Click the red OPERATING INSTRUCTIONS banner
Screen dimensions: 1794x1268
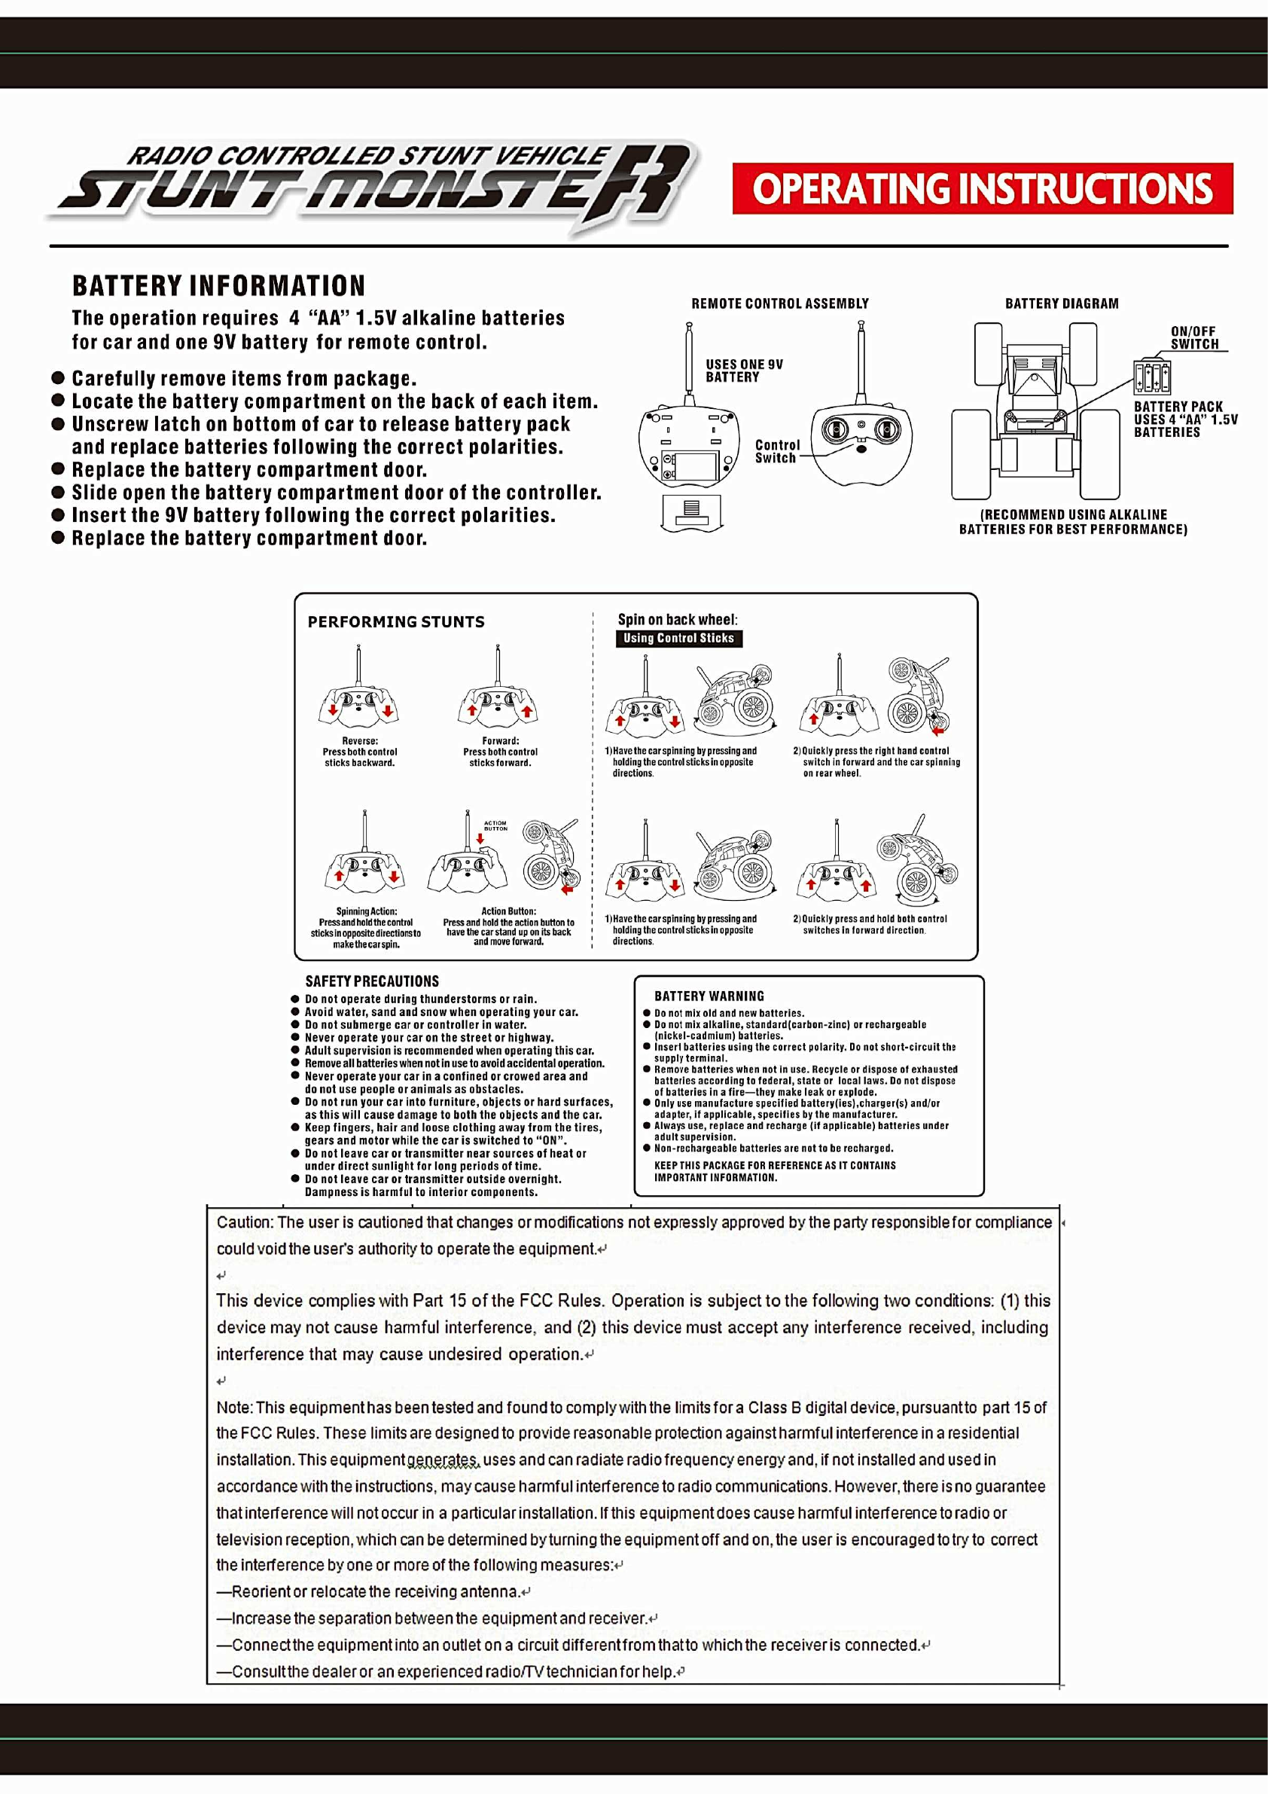982,188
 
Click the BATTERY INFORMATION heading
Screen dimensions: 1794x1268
219,286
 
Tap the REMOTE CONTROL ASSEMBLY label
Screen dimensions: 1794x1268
780,304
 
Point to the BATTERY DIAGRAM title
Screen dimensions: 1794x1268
1061,304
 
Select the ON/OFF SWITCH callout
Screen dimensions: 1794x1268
1193,337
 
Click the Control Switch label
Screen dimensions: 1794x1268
776,452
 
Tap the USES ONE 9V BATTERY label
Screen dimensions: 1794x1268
743,371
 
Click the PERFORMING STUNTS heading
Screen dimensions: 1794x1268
395,622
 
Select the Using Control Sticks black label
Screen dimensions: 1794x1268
678,639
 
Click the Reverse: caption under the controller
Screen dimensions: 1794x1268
359,741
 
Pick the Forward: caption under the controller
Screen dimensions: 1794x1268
500,741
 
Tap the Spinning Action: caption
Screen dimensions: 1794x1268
367,911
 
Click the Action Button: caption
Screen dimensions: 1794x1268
508,911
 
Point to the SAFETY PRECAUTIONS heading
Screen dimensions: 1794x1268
372,981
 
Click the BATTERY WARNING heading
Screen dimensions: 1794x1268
709,996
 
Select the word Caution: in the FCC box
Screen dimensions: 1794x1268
245,1223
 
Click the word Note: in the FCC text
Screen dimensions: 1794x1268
234,1408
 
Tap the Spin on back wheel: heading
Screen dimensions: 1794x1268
678,620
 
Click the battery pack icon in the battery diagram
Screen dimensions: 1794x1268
1151,377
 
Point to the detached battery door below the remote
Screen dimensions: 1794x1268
691,513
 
